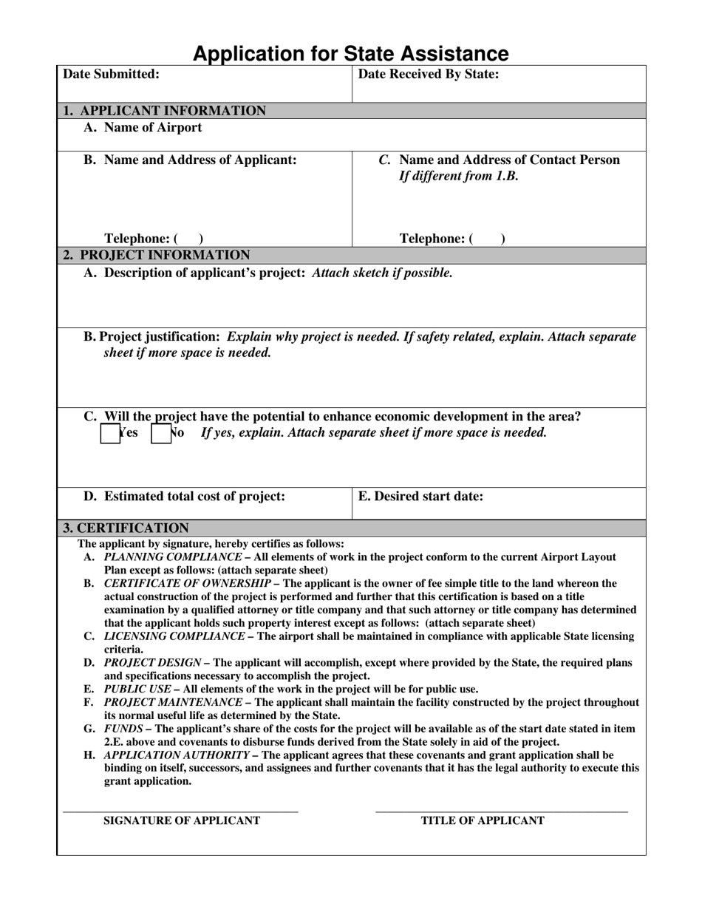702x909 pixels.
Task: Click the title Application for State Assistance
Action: coord(350,53)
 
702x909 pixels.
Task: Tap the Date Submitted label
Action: coord(111,74)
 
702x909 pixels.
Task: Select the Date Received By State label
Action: coord(429,74)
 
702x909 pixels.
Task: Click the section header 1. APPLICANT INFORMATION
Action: coord(164,111)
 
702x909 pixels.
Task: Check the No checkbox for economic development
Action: coord(160,433)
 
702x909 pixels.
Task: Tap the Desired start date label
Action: coord(420,497)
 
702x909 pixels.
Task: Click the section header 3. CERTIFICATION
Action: coord(125,528)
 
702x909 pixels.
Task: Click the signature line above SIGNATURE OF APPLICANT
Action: coord(180,812)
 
